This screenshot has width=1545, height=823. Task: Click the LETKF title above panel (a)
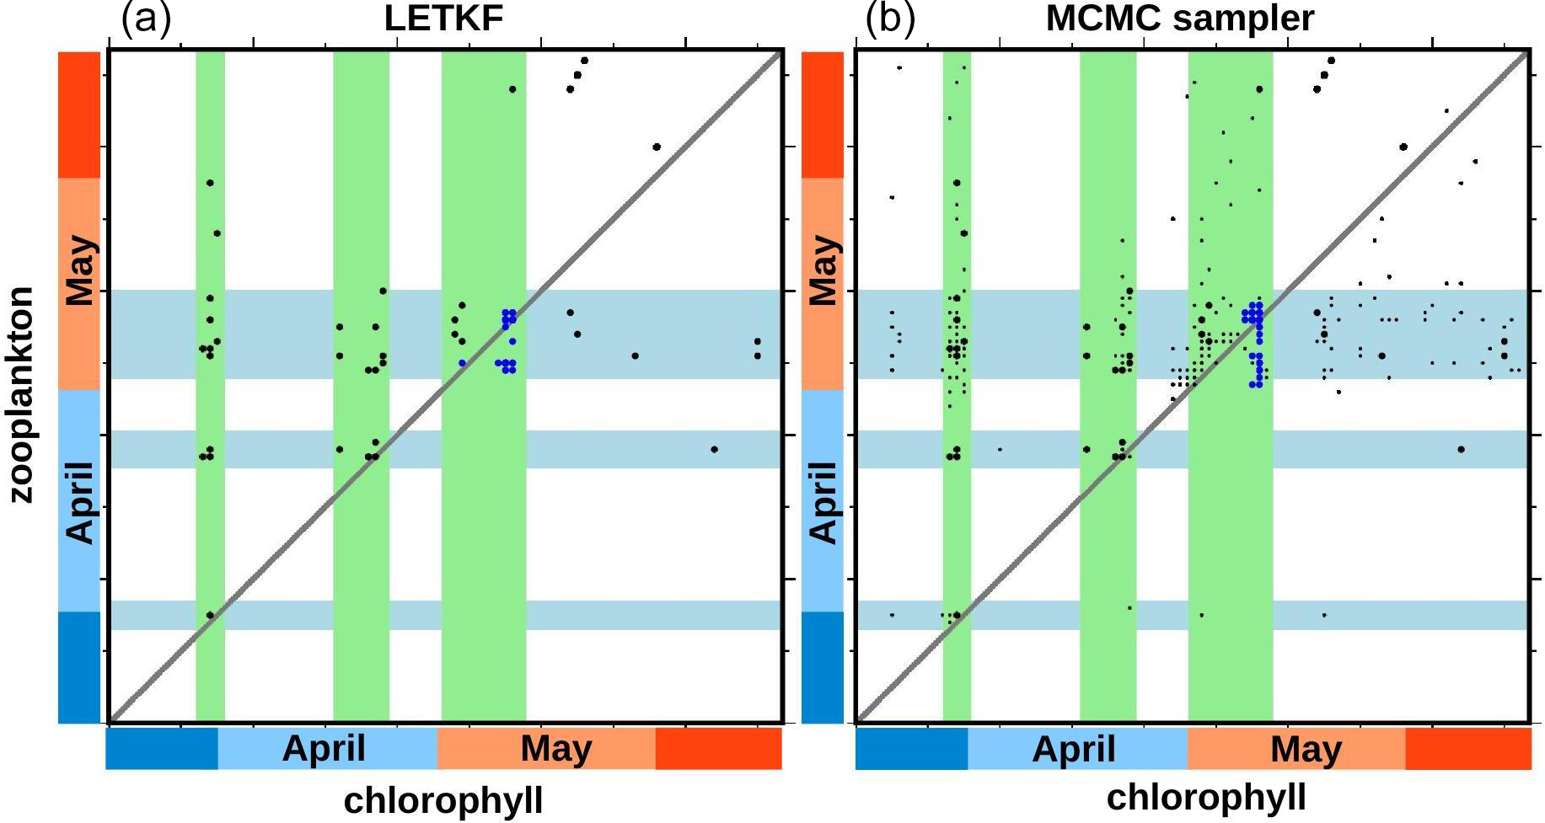pos(443,19)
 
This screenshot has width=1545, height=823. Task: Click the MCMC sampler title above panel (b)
pos(1179,19)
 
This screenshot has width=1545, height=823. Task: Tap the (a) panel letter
pos(146,19)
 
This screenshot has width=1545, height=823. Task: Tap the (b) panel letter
pos(889,19)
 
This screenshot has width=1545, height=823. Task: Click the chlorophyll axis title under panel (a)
pos(443,800)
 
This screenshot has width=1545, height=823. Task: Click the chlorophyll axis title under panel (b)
pos(1206,797)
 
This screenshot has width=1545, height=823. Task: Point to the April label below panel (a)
pos(324,748)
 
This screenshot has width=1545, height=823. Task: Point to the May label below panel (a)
pos(556,748)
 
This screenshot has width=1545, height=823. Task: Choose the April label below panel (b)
pos(1074,749)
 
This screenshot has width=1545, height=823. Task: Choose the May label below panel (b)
pos(1306,749)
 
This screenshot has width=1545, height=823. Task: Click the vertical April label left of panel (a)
pos(81,502)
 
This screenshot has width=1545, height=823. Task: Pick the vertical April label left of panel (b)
pos(823,502)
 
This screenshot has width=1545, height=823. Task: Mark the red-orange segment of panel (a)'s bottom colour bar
pos(718,749)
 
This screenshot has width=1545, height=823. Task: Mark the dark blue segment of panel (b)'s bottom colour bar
pos(911,749)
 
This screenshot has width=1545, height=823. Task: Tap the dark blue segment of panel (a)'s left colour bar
pos(79,667)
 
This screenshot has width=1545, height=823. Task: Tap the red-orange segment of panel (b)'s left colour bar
pos(822,115)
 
